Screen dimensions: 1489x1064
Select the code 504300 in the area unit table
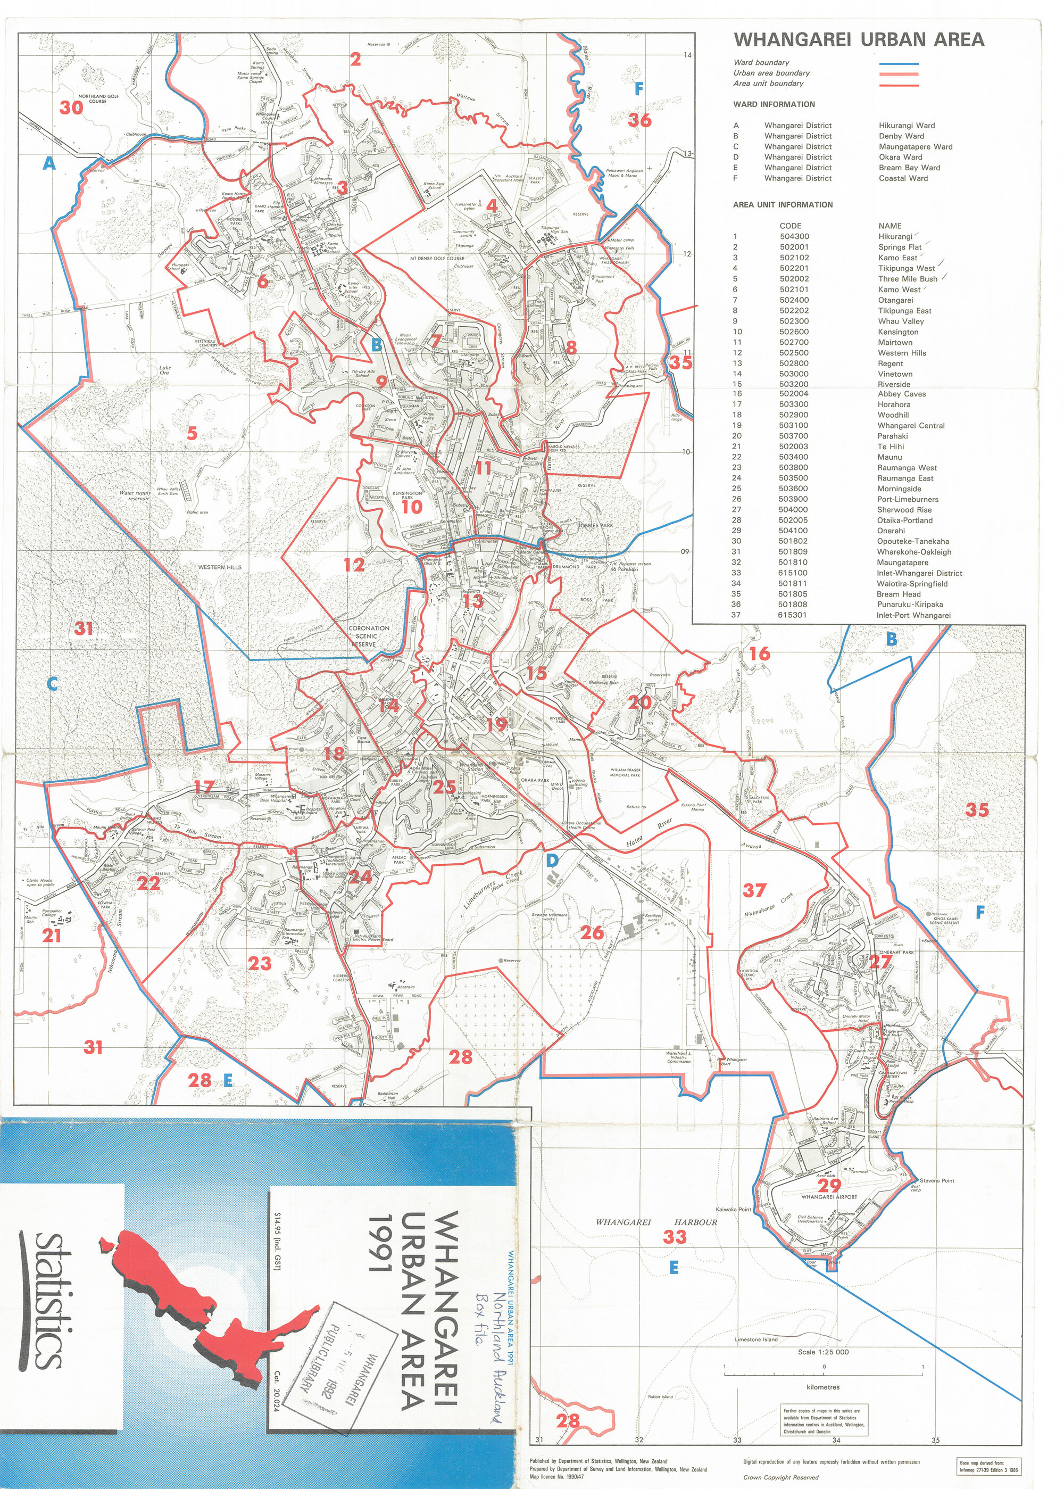tap(794, 237)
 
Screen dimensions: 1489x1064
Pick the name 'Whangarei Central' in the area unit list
tap(911, 426)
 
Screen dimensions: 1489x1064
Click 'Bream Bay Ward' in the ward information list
tap(909, 168)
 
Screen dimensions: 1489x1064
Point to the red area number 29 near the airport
tap(829, 1186)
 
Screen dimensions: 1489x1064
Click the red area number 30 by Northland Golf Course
tap(71, 107)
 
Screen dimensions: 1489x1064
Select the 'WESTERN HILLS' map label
tap(220, 567)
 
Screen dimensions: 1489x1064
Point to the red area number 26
tap(592, 932)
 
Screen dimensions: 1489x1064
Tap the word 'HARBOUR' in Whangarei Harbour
tap(695, 1222)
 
